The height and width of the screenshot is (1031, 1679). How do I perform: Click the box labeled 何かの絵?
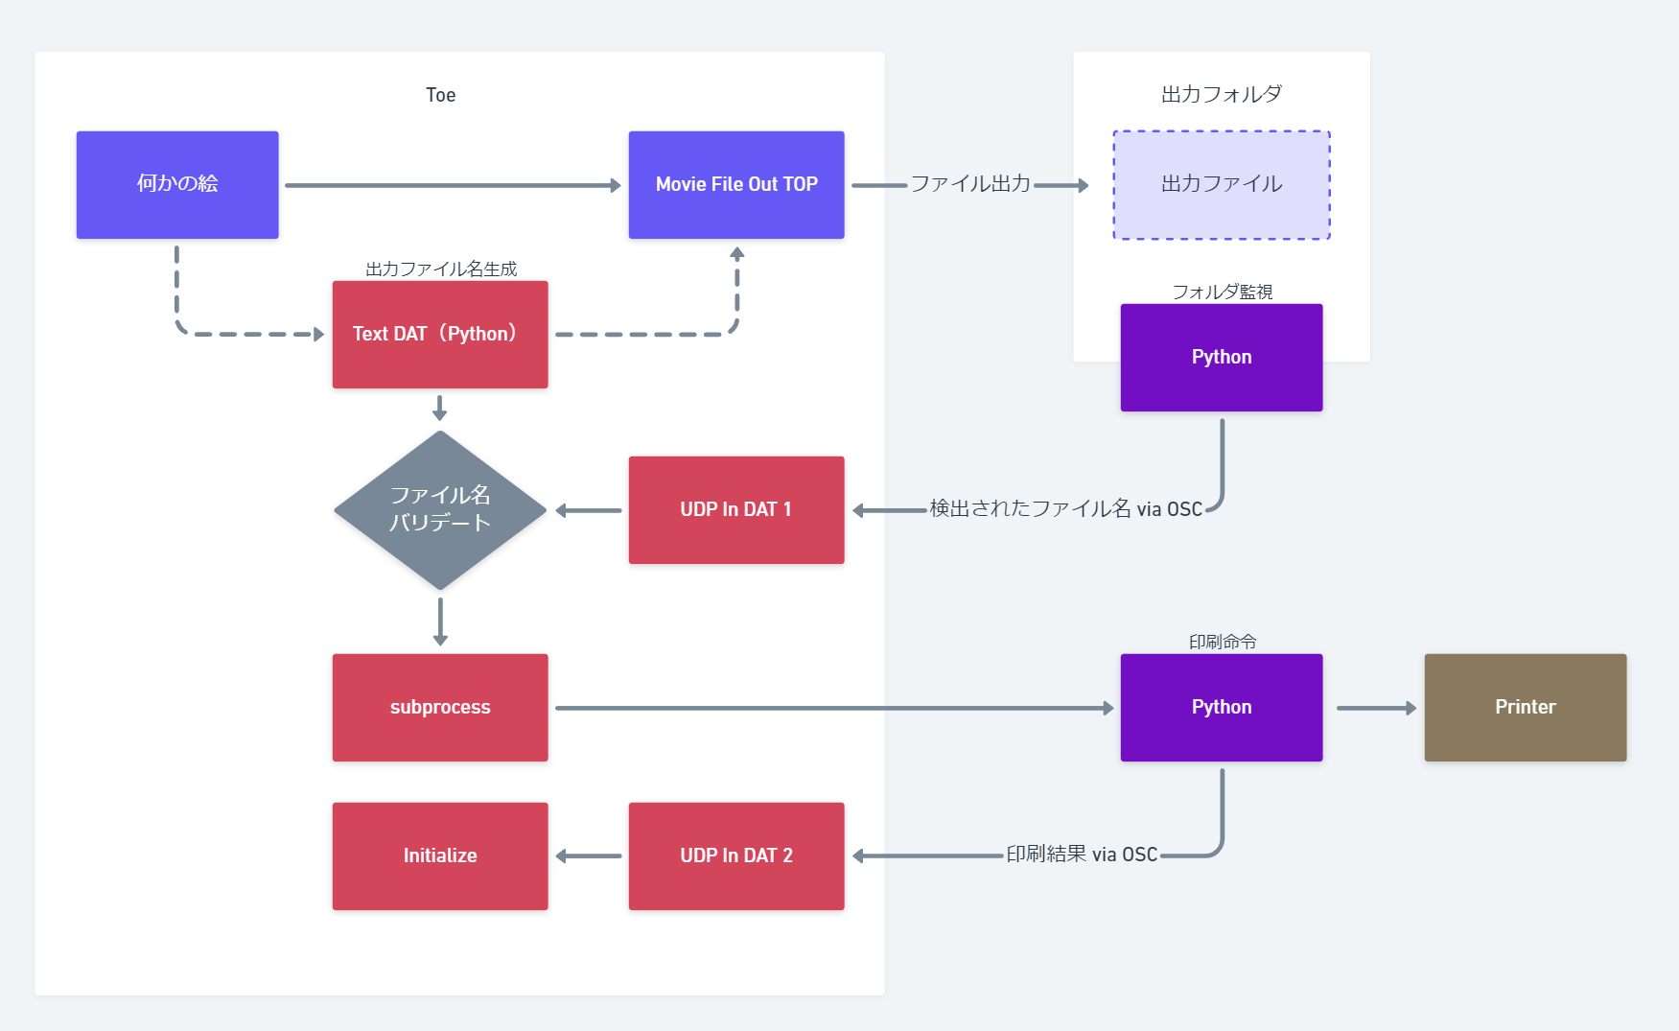click(177, 184)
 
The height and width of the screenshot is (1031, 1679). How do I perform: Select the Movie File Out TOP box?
click(735, 184)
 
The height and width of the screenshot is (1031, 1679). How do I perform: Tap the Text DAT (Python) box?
click(439, 334)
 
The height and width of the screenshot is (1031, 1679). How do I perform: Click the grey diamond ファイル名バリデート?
click(439, 509)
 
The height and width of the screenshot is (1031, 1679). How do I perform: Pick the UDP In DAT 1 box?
click(735, 509)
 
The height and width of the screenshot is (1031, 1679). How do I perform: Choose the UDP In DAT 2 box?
click(735, 855)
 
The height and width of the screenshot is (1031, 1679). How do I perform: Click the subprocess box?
click(439, 707)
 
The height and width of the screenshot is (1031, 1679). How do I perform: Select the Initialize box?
click(439, 855)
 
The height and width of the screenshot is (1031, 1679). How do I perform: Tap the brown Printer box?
click(1525, 707)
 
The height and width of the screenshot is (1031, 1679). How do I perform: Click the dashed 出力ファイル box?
click(1221, 184)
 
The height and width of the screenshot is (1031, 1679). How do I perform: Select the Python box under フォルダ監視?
click(1221, 357)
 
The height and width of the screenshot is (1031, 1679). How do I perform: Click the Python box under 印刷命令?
click(1221, 707)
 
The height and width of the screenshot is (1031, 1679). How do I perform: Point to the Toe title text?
click(440, 95)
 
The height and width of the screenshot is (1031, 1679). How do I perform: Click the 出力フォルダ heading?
click(1221, 94)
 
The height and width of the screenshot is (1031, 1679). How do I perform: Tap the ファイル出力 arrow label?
click(969, 183)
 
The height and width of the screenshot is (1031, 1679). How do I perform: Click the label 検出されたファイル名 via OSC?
click(1065, 508)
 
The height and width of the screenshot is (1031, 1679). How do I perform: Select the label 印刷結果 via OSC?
click(1081, 854)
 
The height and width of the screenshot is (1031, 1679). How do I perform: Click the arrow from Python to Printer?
click(1375, 708)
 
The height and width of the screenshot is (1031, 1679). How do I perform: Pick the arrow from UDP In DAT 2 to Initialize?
click(589, 855)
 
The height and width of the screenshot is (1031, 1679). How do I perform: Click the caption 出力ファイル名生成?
click(440, 269)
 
